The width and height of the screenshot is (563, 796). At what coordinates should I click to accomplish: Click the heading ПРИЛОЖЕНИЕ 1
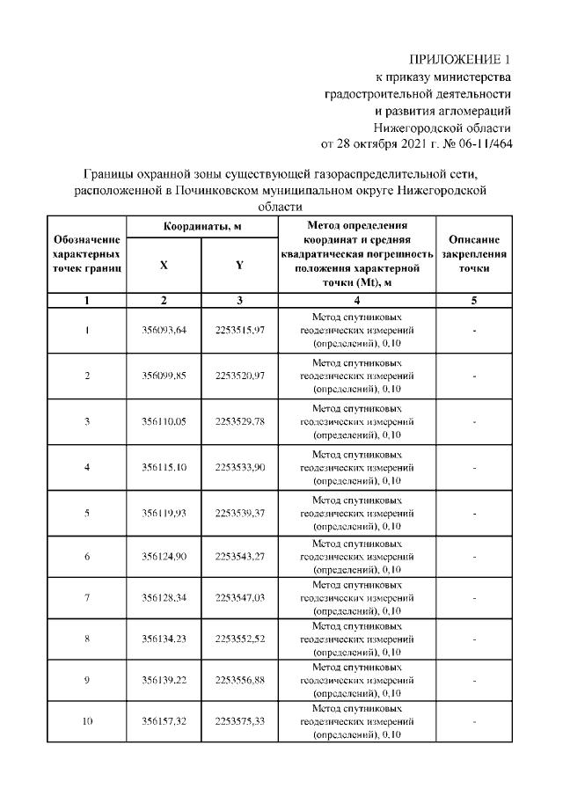464,59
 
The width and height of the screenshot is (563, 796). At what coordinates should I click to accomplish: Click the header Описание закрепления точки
473,253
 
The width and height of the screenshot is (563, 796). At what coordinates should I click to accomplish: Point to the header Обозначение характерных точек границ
87,253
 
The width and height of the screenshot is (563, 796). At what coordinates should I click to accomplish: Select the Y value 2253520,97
239,376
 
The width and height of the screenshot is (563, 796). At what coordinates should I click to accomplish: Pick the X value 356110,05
165,421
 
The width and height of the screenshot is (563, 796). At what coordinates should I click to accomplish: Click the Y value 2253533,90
239,467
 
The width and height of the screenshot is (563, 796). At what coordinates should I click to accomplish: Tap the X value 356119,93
165,513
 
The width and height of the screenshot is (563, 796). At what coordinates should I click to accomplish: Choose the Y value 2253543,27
239,557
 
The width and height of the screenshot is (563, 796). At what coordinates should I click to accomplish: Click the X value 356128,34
165,599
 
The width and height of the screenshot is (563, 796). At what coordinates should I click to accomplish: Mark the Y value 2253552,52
239,639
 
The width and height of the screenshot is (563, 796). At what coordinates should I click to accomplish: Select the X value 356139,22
165,681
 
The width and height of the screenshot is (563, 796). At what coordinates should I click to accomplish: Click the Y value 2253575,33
239,722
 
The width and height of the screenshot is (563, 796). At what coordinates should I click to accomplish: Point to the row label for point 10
87,722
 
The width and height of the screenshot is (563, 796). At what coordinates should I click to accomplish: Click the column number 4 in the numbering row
356,301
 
